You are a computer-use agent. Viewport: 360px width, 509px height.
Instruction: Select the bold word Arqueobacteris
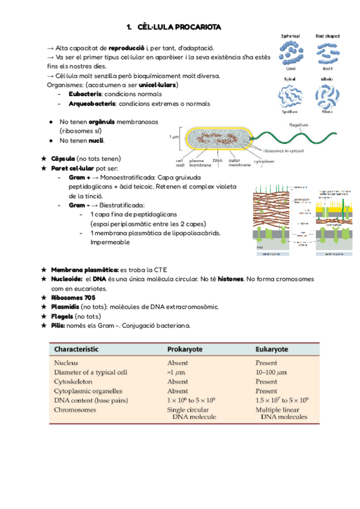(92, 104)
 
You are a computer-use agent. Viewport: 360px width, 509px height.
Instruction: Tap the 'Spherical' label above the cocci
(291, 36)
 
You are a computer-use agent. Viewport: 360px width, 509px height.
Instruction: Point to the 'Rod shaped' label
(327, 36)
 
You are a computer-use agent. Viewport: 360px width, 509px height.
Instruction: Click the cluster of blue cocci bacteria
(291, 52)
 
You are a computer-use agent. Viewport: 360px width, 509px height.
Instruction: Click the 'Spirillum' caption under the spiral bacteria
(290, 112)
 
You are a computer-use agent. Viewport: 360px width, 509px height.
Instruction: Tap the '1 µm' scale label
(174, 137)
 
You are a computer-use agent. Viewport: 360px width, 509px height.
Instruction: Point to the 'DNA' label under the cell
(218, 161)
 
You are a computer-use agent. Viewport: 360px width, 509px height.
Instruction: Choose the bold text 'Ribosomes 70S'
(73, 298)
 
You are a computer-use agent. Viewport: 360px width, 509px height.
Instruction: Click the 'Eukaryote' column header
(272, 349)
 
